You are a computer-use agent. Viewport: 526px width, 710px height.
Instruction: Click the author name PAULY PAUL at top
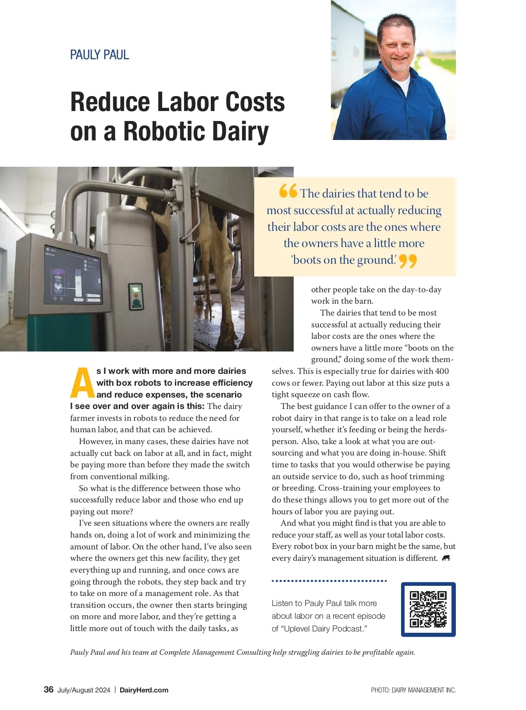[x=100, y=55]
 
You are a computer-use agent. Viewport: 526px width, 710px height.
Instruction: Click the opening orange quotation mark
[x=288, y=191]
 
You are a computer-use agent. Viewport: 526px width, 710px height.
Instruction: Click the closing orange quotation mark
[x=408, y=262]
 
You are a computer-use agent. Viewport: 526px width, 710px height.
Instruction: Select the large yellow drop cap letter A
[x=82, y=382]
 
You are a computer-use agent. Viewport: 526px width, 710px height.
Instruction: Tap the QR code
[x=428, y=609]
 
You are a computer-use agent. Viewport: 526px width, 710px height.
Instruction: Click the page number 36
[x=49, y=689]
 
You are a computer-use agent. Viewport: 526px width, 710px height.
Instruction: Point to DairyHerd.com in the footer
[x=144, y=690]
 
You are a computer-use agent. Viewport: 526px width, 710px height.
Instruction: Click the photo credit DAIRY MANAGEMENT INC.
[x=423, y=690]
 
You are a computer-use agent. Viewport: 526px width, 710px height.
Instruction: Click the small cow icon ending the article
[x=446, y=558]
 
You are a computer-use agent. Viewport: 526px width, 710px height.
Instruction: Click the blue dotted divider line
[x=329, y=581]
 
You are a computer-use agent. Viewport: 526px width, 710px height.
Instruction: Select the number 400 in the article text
[x=442, y=371]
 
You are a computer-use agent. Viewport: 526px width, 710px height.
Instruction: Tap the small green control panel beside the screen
[x=136, y=297]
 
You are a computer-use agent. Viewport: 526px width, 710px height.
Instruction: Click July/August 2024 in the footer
[x=84, y=690]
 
